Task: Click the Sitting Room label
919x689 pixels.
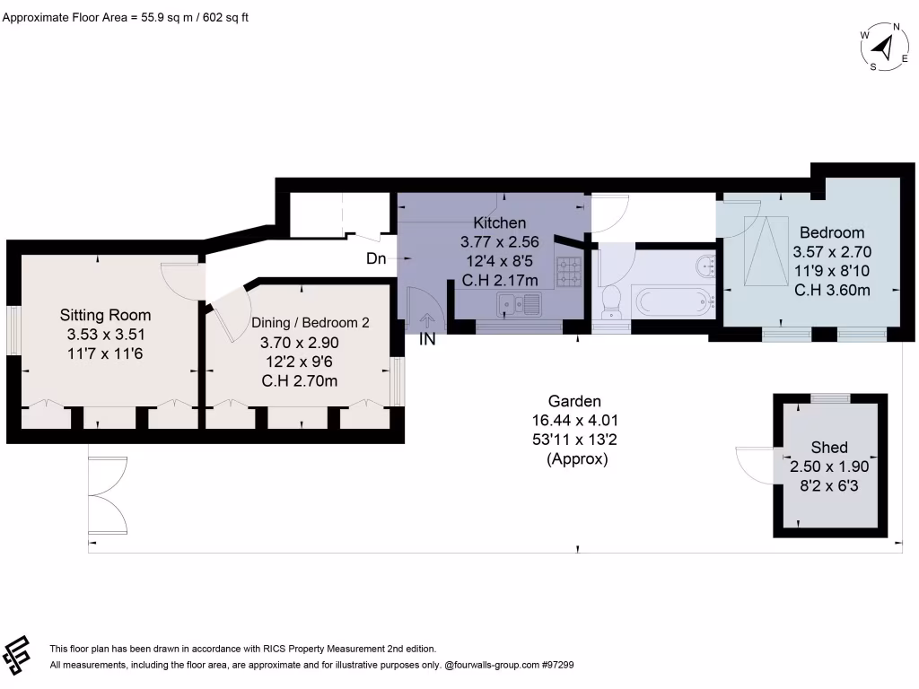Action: click(105, 315)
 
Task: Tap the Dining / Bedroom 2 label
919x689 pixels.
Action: click(310, 323)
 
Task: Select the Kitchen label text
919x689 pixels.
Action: click(500, 222)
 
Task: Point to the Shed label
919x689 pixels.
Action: click(828, 448)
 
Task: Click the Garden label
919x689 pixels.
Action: click(575, 401)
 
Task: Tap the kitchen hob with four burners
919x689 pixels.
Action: click(569, 271)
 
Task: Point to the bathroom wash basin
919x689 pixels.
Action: click(708, 264)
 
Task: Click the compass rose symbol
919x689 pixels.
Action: click(884, 48)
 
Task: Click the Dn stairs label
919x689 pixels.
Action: click(377, 259)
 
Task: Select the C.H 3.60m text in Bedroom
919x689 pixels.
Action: click(832, 290)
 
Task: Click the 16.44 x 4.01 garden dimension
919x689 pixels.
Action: click(576, 420)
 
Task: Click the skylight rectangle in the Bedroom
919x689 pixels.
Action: click(768, 250)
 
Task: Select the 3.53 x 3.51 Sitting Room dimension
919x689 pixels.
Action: click(105, 335)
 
